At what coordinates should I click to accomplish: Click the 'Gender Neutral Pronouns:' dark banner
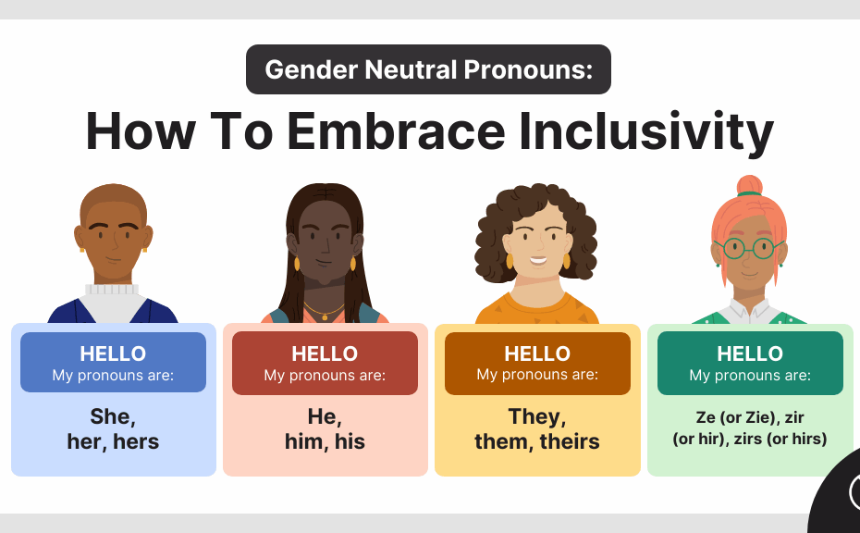pyautogui.click(x=428, y=69)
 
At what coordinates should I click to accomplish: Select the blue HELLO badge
pyautogui.click(x=113, y=363)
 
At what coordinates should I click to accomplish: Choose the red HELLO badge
pyautogui.click(x=325, y=363)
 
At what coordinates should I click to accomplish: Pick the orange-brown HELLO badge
pyautogui.click(x=537, y=363)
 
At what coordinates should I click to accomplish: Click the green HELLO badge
pyautogui.click(x=750, y=363)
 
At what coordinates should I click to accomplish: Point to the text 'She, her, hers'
pyautogui.click(x=113, y=428)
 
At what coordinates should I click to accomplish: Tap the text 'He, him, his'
pyautogui.click(x=325, y=428)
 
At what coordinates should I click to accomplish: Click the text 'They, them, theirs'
pyautogui.click(x=537, y=428)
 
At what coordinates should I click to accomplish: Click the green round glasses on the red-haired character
pyautogui.click(x=749, y=248)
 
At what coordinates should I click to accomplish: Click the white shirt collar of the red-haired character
pyautogui.click(x=750, y=309)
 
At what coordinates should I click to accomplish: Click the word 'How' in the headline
pyautogui.click(x=139, y=131)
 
